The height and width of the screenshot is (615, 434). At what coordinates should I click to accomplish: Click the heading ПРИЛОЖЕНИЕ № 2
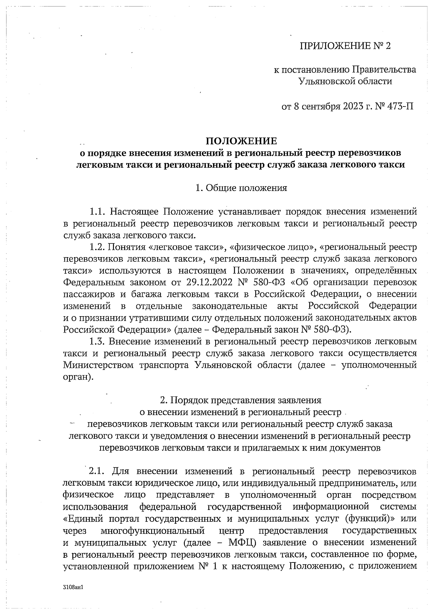pos(345,46)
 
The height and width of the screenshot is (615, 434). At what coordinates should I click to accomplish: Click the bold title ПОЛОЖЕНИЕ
pos(241,141)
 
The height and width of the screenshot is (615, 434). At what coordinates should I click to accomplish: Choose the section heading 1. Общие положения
pos(241,188)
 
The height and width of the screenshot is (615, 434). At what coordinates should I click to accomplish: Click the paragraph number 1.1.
pos(97,212)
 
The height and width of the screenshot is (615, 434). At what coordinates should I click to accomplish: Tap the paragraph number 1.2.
pos(97,247)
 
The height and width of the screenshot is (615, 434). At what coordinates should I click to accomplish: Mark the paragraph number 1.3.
pos(97,341)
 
